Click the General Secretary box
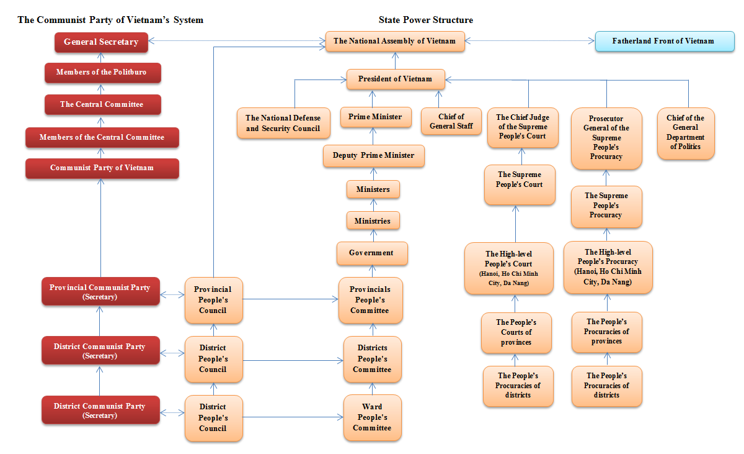click(101, 42)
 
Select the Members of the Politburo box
click(102, 73)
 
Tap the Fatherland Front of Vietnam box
click(663, 42)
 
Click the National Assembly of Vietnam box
click(394, 42)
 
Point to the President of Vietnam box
click(395, 79)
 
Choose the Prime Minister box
click(374, 117)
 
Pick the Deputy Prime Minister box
click(373, 156)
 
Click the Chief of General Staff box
click(451, 122)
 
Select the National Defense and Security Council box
click(283, 123)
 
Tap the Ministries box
click(373, 221)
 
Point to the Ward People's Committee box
click(372, 417)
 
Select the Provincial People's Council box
click(213, 300)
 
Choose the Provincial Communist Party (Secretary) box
click(100, 292)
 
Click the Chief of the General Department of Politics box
click(685, 133)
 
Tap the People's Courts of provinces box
click(516, 333)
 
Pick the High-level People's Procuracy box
click(608, 267)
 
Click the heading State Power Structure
click(426, 20)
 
